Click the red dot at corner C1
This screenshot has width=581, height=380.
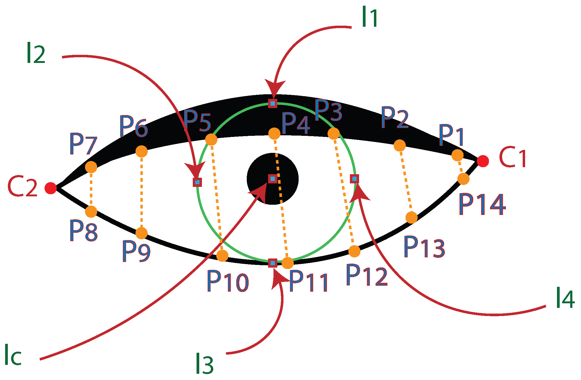click(483, 161)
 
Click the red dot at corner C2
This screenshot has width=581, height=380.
click(51, 188)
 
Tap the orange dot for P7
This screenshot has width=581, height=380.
click(91, 167)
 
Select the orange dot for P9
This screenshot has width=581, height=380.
click(141, 233)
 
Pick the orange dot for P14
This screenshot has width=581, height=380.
click(463, 179)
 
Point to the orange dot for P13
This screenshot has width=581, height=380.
click(411, 217)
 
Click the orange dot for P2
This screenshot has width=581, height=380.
click(400, 146)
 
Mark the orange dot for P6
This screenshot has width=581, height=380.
click(141, 152)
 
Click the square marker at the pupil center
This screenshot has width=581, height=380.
click(273, 179)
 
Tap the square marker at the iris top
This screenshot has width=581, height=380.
click(273, 103)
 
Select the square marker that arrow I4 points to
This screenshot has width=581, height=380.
click(354, 179)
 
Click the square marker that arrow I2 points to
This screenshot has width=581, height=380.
click(197, 182)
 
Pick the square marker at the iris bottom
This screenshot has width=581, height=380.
click(273, 263)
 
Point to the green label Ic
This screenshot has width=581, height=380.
click(13, 355)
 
